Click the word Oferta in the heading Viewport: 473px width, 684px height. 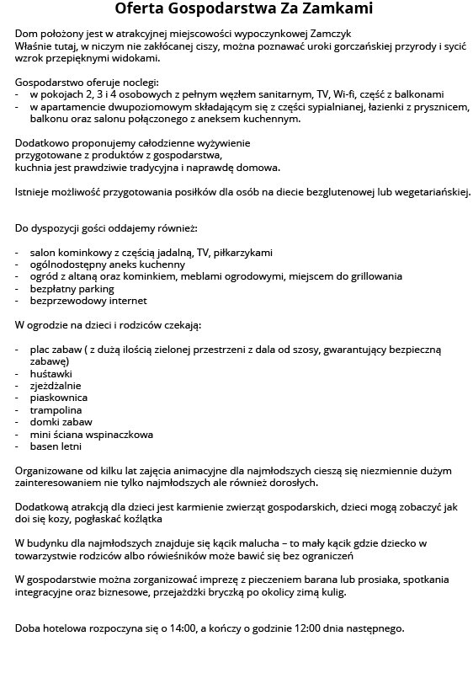click(142, 10)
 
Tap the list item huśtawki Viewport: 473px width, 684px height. click(51, 373)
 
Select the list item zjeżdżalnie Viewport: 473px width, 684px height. click(56, 385)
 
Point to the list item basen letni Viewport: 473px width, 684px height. click(56, 446)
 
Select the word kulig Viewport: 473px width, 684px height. click(331, 593)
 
